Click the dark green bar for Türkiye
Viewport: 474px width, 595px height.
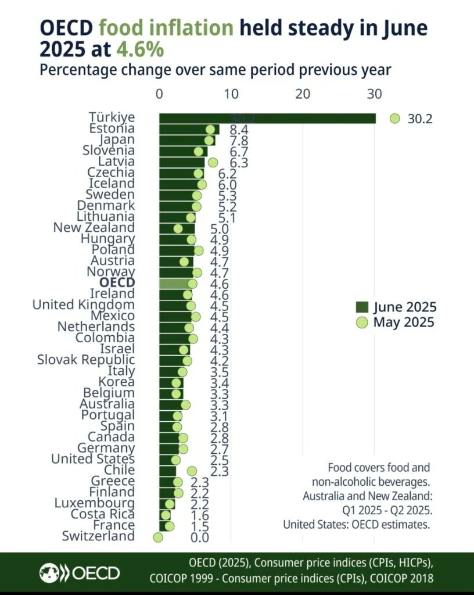267,119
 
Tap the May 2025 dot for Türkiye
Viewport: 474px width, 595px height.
395,119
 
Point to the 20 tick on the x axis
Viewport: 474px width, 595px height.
302,93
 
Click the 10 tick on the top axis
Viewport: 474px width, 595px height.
231,93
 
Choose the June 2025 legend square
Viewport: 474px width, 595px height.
362,307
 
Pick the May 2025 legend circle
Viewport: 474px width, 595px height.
362,322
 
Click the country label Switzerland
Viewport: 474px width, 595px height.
98,536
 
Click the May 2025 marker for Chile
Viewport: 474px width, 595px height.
192,471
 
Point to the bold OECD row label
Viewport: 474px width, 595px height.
117,283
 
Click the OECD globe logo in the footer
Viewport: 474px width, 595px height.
49,573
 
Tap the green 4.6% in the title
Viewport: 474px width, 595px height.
140,49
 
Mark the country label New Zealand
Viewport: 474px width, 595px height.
94,228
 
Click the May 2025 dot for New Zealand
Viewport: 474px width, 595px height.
178,228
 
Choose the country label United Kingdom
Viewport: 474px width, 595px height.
83,305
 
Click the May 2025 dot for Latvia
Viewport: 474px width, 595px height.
213,162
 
